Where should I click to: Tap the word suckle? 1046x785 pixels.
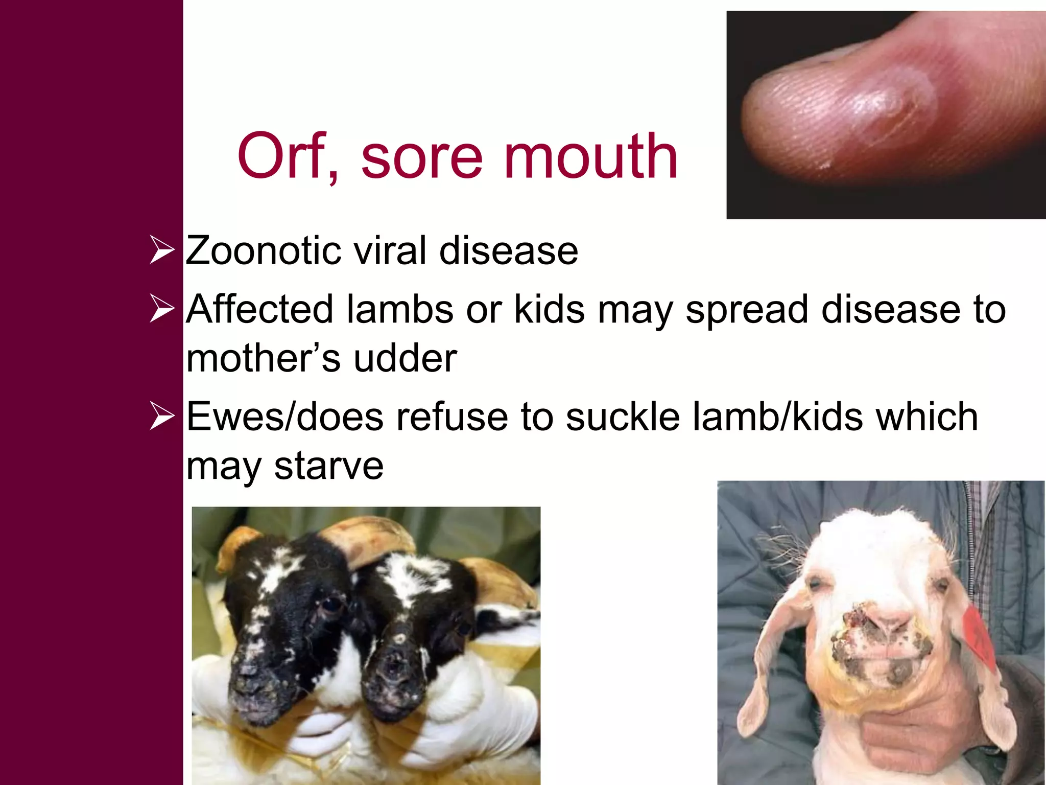623,417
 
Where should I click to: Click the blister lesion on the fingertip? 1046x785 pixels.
886,110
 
